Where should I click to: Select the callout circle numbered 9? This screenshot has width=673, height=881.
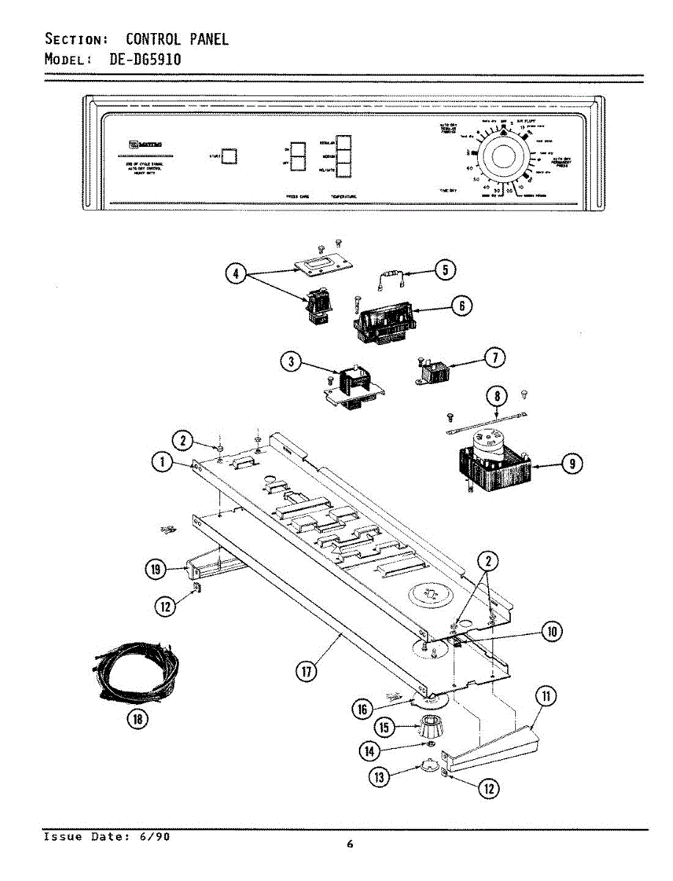point(571,463)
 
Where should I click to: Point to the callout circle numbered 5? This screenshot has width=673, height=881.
point(444,271)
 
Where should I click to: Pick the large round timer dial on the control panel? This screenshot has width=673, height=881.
point(503,158)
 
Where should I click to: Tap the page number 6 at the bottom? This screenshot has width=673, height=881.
point(350,845)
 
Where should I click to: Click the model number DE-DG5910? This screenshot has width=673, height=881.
point(145,59)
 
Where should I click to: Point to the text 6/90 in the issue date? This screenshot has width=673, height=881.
point(157,837)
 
